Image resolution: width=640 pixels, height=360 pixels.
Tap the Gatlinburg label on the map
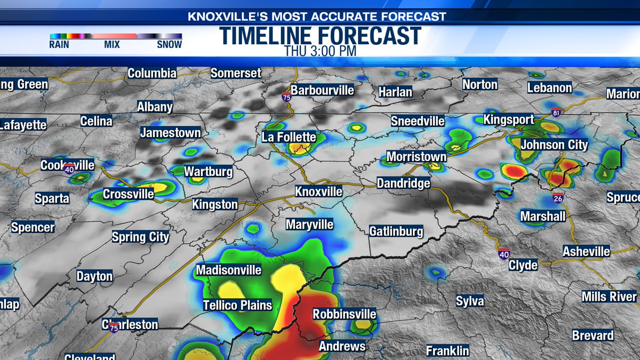point(396,231)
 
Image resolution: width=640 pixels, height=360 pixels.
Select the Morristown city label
point(416,157)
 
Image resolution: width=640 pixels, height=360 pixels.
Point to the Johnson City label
point(554,145)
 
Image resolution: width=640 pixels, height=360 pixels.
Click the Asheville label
point(587,251)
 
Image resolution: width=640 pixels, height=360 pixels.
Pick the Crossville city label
point(128,194)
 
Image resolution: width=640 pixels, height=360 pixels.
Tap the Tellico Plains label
point(237,306)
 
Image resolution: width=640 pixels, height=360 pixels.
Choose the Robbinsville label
point(344,314)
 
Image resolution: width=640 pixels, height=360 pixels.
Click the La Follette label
point(289,137)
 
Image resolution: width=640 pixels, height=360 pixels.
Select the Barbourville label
point(322,90)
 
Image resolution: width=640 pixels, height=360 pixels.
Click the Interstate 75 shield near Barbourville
point(287,98)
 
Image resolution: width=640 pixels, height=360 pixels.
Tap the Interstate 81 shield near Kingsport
point(556,113)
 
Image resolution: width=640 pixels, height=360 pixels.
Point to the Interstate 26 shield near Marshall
point(557,198)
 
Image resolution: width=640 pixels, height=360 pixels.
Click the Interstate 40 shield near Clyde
point(503,254)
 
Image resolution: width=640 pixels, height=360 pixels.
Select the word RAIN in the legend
point(59,45)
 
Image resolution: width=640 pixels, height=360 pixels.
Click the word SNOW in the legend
point(169,45)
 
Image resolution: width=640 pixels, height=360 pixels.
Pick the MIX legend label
point(112,45)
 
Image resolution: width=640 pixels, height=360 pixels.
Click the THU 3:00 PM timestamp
point(319,52)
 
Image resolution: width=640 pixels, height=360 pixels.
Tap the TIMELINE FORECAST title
point(320,36)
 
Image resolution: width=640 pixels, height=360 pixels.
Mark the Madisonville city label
point(228,270)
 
